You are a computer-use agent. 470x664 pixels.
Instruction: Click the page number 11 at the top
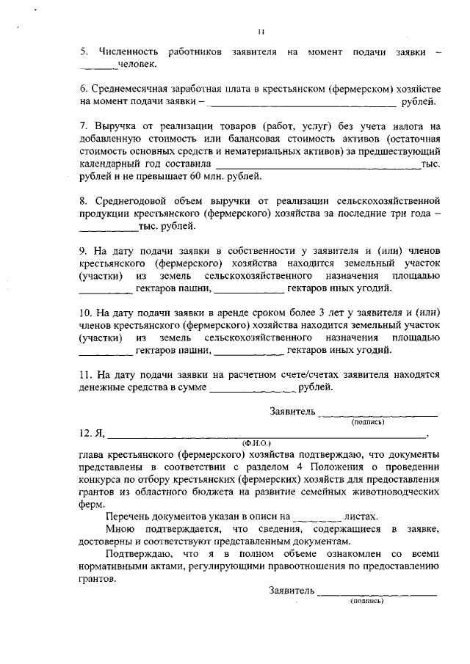pos(261,31)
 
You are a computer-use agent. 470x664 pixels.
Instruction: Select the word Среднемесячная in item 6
pos(133,88)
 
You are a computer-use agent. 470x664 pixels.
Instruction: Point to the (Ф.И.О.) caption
pos(256,443)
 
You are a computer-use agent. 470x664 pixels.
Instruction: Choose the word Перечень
pos(132,517)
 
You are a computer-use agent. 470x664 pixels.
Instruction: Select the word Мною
pos(123,529)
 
